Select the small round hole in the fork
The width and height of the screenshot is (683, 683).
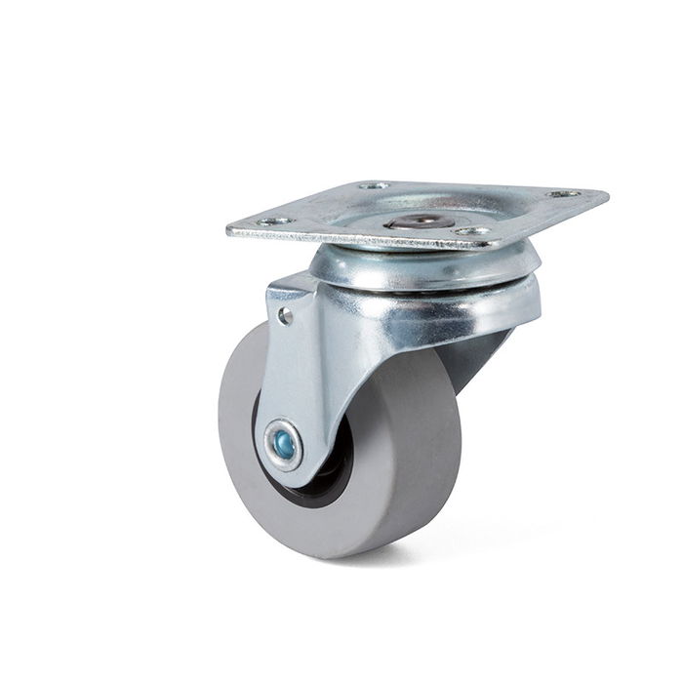[284, 315]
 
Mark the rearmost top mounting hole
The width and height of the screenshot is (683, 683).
[374, 184]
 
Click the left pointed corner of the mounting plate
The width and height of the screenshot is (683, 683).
[230, 232]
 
